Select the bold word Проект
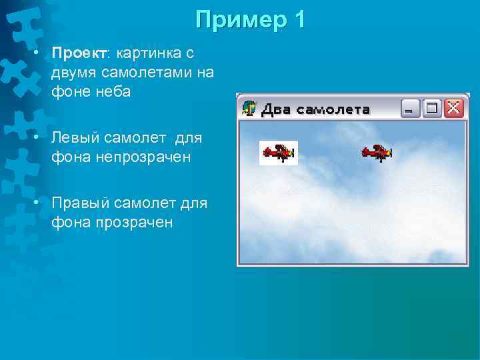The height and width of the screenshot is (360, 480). coord(75,53)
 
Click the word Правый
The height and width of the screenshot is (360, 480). coord(79,203)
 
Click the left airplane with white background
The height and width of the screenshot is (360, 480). coord(278,153)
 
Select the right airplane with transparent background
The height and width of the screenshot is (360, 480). coord(377,153)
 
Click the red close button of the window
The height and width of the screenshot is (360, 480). coord(453,108)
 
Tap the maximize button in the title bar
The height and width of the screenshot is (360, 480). coord(432,108)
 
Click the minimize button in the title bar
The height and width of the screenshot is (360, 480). coord(411,108)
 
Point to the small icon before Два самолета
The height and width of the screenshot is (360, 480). coord(249,109)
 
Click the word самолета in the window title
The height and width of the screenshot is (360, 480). coord(333,109)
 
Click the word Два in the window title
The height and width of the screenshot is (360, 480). coord(275,109)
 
